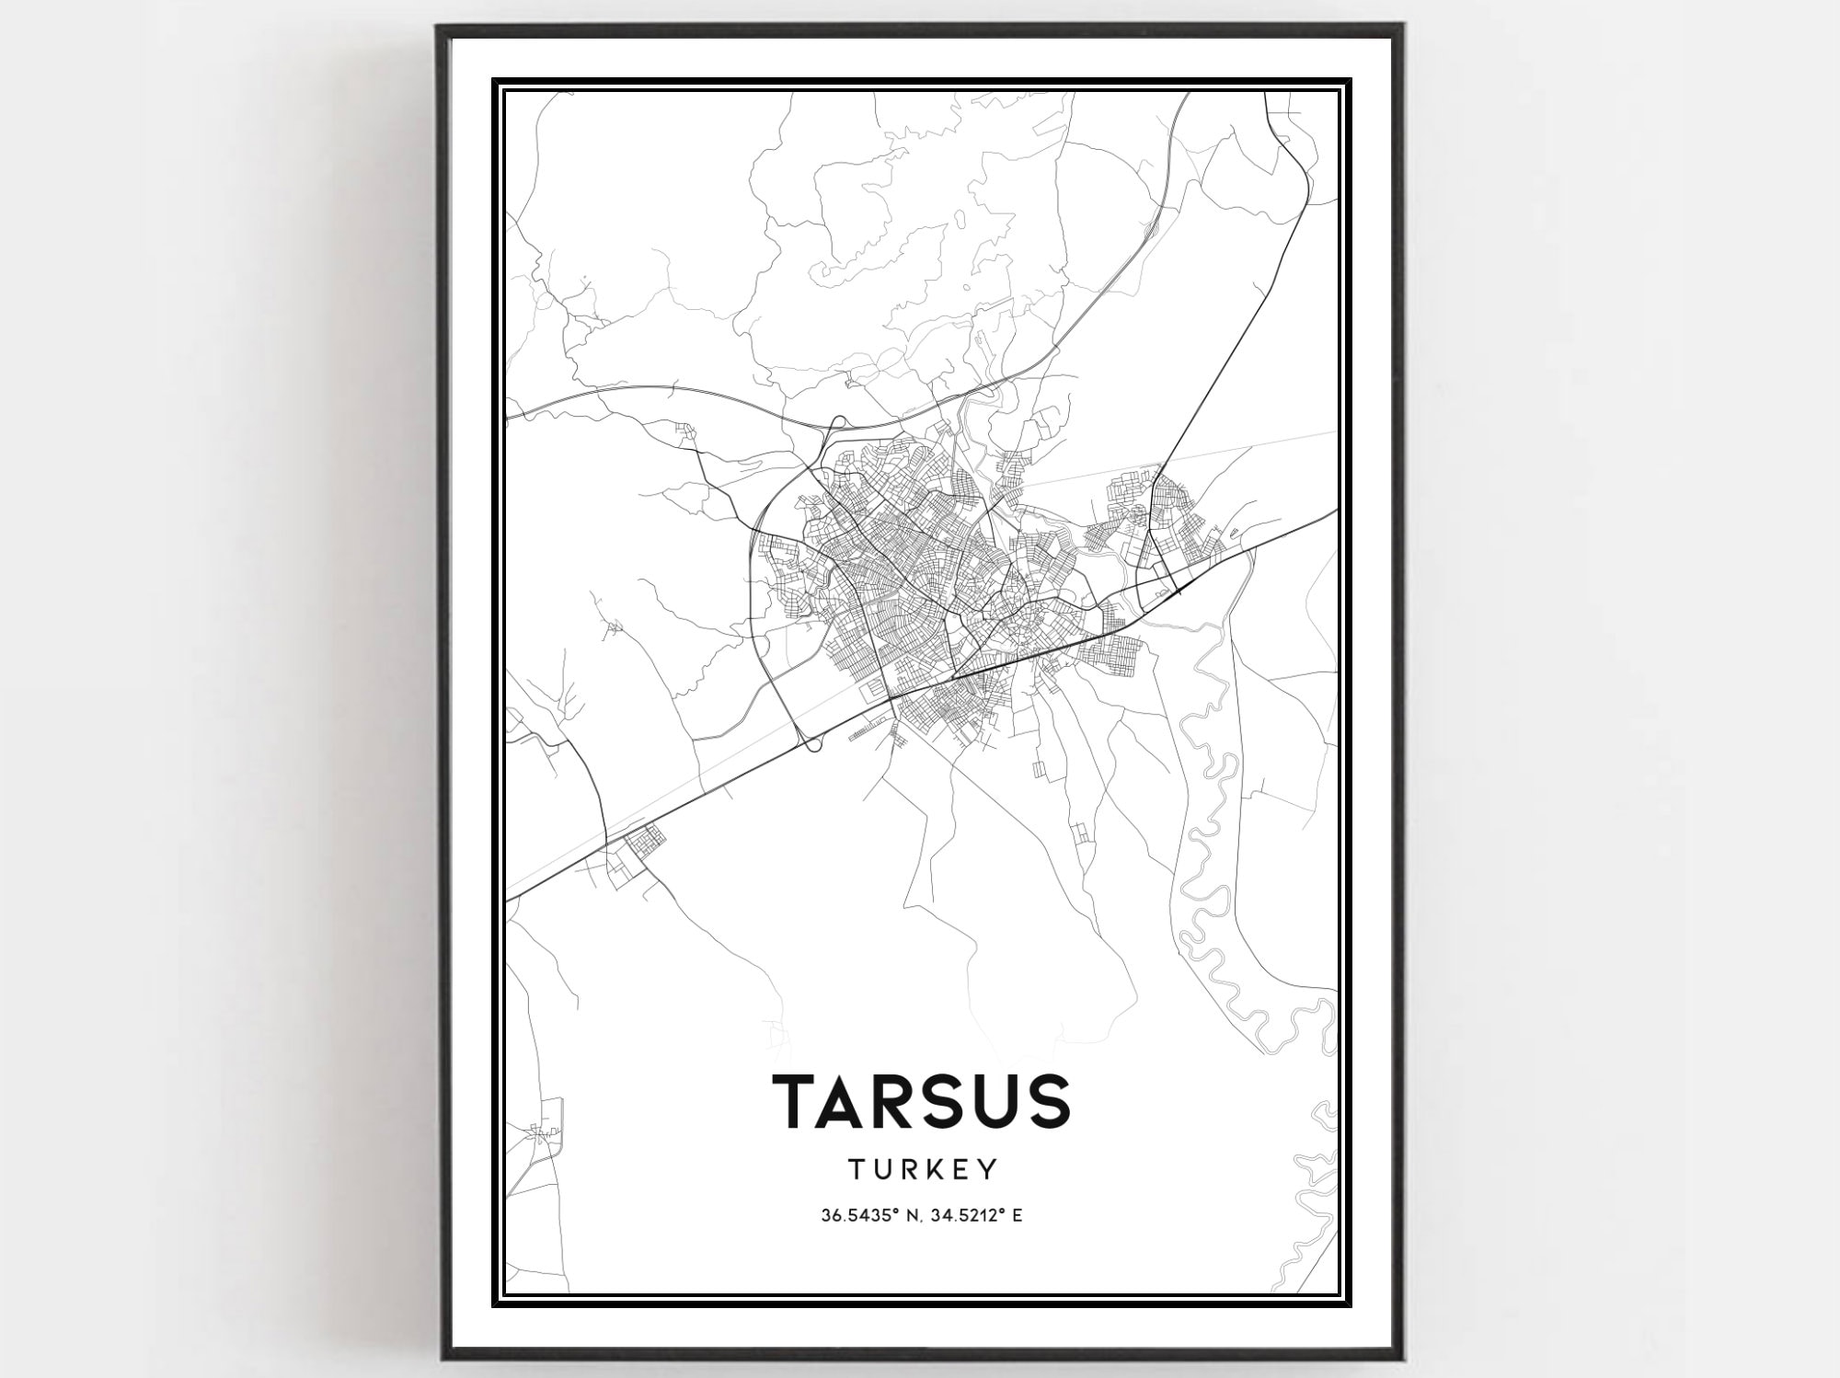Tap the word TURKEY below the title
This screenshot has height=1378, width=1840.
[x=922, y=1169]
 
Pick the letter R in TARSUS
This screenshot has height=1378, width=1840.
[x=899, y=1101]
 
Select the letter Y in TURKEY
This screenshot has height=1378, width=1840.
[x=988, y=1169]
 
